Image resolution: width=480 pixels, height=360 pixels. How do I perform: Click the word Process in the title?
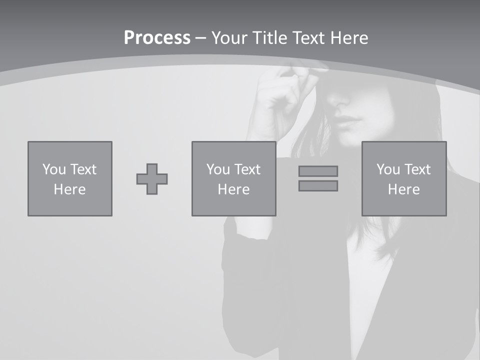157,38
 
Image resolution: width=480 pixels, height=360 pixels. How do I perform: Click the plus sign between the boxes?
152,179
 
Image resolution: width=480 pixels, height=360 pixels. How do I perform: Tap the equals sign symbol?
318,178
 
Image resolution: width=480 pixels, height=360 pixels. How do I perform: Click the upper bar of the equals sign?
318,171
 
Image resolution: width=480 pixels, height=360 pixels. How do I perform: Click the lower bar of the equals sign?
318,185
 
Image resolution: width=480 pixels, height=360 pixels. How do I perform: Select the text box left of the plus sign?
70,178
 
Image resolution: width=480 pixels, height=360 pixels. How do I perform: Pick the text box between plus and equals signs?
233,178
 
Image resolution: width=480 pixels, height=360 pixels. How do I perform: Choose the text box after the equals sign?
403,178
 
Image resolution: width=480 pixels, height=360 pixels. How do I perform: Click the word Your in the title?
230,38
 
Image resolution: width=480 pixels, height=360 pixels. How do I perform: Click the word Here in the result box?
403,189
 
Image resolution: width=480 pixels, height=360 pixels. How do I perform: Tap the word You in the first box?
52,169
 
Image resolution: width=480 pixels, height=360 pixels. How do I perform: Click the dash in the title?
201,38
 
